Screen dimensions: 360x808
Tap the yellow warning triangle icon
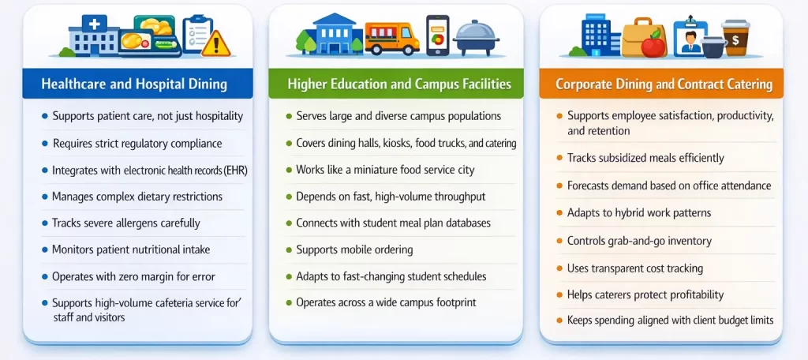click(215, 43)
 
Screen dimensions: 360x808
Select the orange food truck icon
click(391, 38)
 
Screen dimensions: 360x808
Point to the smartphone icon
click(437, 36)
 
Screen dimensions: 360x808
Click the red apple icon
click(653, 46)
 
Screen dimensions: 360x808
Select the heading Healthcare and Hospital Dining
click(134, 84)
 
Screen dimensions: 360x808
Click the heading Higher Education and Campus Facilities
click(399, 84)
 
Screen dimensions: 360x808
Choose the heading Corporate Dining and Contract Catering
click(664, 84)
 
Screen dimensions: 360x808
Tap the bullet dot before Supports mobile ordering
click(289, 250)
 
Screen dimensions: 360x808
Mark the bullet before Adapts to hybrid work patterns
click(559, 213)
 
